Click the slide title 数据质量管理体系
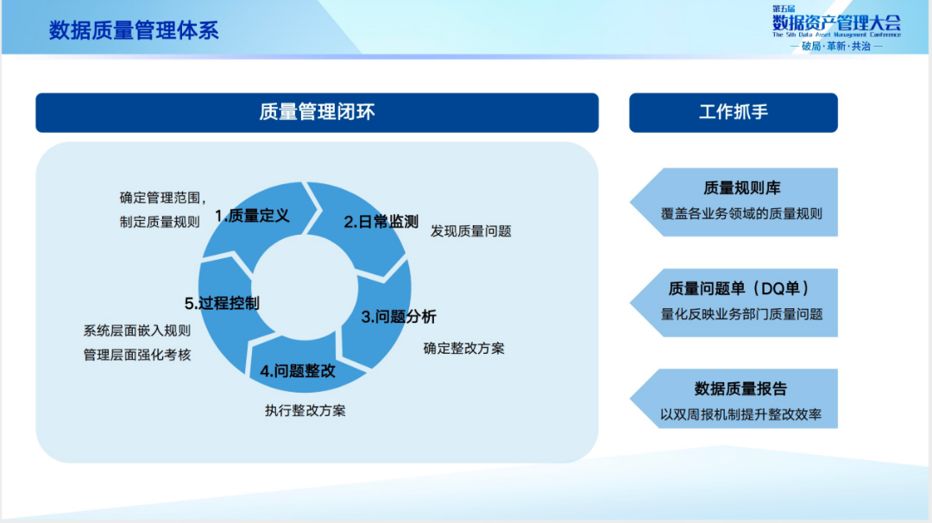pyautogui.click(x=134, y=31)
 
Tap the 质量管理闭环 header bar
pyautogui.click(x=317, y=112)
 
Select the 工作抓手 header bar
pyautogui.click(x=733, y=112)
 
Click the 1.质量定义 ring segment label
pyautogui.click(x=252, y=216)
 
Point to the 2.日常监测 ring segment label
pyautogui.click(x=381, y=222)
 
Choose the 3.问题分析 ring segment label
pyautogui.click(x=399, y=317)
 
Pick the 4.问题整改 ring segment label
pyautogui.click(x=298, y=372)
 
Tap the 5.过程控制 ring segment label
pyautogui.click(x=222, y=303)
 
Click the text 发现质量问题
pyautogui.click(x=471, y=231)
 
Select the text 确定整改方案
pyautogui.click(x=464, y=349)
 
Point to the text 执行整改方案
pyautogui.click(x=305, y=411)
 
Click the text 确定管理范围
pyautogui.click(x=161, y=197)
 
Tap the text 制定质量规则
pyautogui.click(x=160, y=222)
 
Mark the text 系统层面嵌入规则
pyautogui.click(x=137, y=331)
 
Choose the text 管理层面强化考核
pyautogui.click(x=137, y=355)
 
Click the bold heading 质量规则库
pyautogui.click(x=741, y=189)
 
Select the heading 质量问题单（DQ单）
pyautogui.click(x=741, y=289)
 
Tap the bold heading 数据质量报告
pyautogui.click(x=740, y=389)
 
